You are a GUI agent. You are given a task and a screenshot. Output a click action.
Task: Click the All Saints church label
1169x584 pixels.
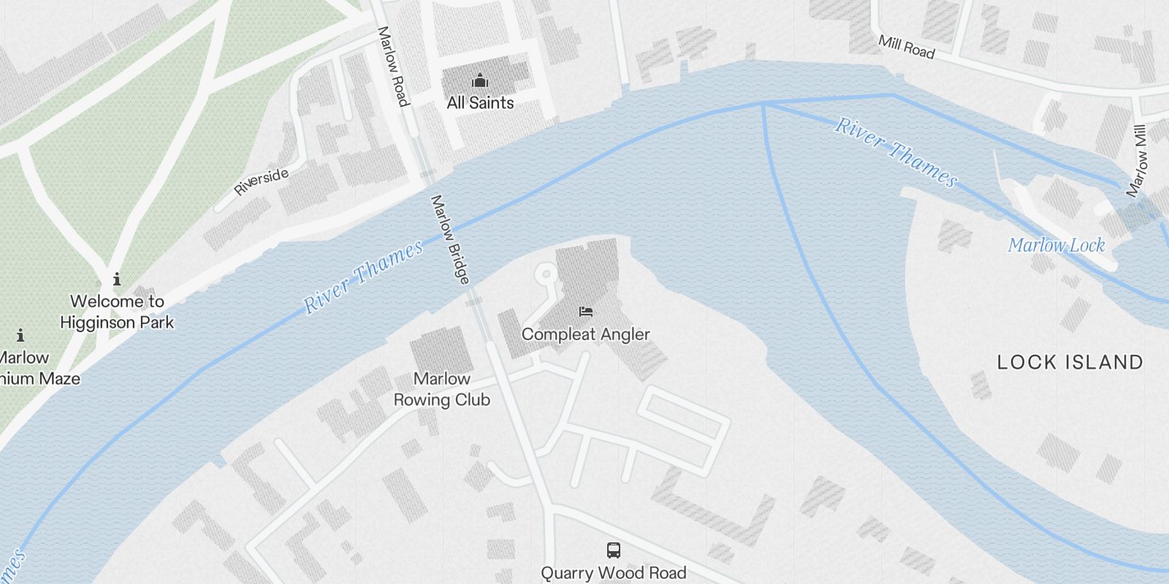point(480,103)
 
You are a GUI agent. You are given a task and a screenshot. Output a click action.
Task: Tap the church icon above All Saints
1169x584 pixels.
point(479,80)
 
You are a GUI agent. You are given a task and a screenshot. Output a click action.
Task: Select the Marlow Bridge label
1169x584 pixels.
point(450,239)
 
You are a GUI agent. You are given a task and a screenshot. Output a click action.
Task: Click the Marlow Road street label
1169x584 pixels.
point(392,66)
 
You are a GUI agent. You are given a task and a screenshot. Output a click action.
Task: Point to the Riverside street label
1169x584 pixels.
point(262,182)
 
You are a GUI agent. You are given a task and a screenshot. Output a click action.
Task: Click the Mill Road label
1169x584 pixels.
point(906,47)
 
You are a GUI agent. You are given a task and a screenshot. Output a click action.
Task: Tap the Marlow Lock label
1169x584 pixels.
point(1056,245)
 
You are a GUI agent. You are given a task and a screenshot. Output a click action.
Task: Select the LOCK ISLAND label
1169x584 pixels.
point(1070,362)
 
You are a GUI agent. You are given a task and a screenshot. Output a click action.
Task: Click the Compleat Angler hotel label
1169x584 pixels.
point(585,334)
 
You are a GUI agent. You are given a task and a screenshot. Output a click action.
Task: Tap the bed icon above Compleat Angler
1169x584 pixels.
point(585,312)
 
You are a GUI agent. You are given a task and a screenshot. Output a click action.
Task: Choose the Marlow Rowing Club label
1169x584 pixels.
point(442,389)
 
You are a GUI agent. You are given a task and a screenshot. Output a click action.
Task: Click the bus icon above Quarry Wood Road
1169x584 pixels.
point(614,550)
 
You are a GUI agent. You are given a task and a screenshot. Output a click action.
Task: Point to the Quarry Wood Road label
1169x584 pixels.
point(614,573)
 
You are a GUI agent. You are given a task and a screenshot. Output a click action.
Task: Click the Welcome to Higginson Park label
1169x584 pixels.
point(117,312)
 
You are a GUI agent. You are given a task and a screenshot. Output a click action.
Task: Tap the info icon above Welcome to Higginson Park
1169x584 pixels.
point(117,279)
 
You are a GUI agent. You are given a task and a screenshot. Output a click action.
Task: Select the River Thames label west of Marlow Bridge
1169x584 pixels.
point(363,277)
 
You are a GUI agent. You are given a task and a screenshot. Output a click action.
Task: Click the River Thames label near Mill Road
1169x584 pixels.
point(896,152)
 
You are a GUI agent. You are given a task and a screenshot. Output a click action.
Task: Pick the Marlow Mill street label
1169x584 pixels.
point(1137,161)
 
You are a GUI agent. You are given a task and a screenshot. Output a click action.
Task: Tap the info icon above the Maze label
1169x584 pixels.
point(20,335)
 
